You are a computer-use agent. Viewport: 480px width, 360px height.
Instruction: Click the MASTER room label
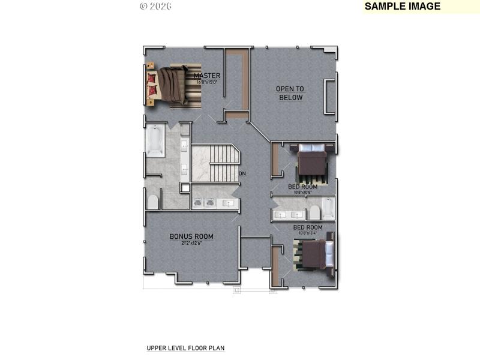click(207, 76)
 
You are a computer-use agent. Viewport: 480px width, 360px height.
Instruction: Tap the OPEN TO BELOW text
click(290, 93)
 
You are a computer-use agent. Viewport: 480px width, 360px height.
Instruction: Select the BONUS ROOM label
click(191, 236)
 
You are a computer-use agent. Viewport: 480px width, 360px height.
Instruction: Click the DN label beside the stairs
click(242, 174)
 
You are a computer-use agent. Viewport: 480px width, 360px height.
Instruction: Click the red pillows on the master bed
click(152, 85)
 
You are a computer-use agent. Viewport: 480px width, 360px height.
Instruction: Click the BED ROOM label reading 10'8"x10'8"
click(302, 187)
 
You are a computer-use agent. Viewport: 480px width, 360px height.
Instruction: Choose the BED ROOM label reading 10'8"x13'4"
click(308, 227)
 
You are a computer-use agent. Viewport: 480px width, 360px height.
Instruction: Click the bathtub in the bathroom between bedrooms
click(328, 208)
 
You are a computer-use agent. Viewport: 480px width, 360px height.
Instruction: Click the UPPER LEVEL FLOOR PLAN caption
click(185, 348)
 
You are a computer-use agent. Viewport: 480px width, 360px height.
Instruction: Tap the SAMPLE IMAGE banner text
click(403, 7)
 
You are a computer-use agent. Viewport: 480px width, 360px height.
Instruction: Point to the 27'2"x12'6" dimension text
click(191, 243)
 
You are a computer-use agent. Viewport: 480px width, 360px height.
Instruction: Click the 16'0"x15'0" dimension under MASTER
click(207, 82)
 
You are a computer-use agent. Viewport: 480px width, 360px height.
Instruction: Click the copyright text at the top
click(155, 6)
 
